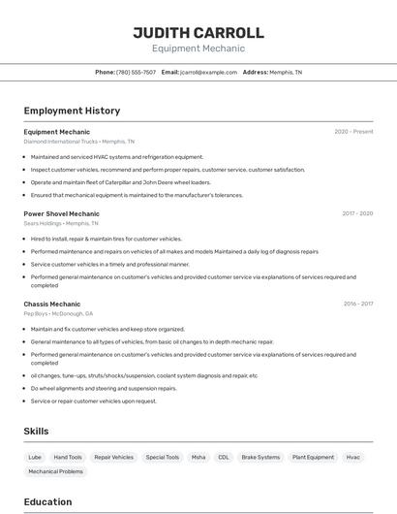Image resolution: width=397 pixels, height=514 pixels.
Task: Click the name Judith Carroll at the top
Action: click(x=198, y=33)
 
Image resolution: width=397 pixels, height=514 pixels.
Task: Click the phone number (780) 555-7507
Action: click(x=136, y=72)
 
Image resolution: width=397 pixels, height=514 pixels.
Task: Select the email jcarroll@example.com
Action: click(x=208, y=72)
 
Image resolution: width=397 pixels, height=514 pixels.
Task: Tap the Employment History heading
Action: click(x=72, y=111)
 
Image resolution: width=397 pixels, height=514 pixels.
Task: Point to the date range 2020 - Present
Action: click(x=353, y=132)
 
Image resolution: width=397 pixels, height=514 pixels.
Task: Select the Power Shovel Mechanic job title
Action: click(x=61, y=213)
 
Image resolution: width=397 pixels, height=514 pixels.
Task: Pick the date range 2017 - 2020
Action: click(x=357, y=213)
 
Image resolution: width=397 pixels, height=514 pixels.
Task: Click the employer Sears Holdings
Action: click(x=44, y=223)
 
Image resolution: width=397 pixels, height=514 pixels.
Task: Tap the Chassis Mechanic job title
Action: click(x=52, y=304)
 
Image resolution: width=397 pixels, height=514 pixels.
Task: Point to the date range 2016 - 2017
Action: click(x=357, y=304)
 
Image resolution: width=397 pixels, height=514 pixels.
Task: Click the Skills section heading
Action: click(x=36, y=431)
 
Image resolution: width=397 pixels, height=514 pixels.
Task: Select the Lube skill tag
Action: click(x=35, y=457)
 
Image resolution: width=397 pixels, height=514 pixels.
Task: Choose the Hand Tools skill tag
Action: click(x=68, y=457)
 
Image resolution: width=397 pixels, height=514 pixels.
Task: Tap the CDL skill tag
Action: click(x=224, y=457)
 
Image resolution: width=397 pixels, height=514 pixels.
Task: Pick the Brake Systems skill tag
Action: click(x=260, y=457)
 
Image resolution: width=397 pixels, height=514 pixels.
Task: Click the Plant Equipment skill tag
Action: click(x=313, y=457)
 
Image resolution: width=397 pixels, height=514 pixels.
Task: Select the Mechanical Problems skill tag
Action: click(x=55, y=471)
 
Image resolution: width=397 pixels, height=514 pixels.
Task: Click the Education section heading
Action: click(x=47, y=501)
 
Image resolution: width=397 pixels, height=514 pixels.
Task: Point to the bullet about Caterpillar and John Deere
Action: click(x=121, y=182)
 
